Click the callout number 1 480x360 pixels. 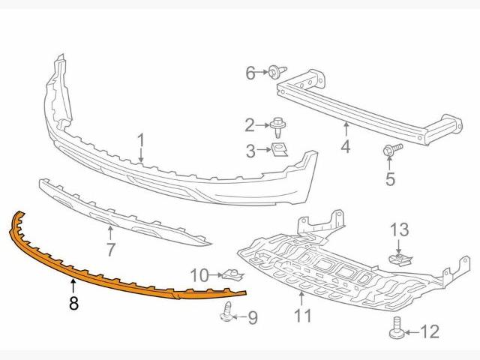pyautogui.click(x=140, y=139)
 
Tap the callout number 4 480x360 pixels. pyautogui.click(x=346, y=146)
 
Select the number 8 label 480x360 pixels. pyautogui.click(x=73, y=304)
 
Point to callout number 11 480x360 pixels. pyautogui.click(x=302, y=316)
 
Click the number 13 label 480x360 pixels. pyautogui.click(x=400, y=229)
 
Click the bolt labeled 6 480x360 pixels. pyautogui.click(x=277, y=72)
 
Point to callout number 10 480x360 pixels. pyautogui.click(x=199, y=275)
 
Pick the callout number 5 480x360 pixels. pyautogui.click(x=389, y=179)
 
